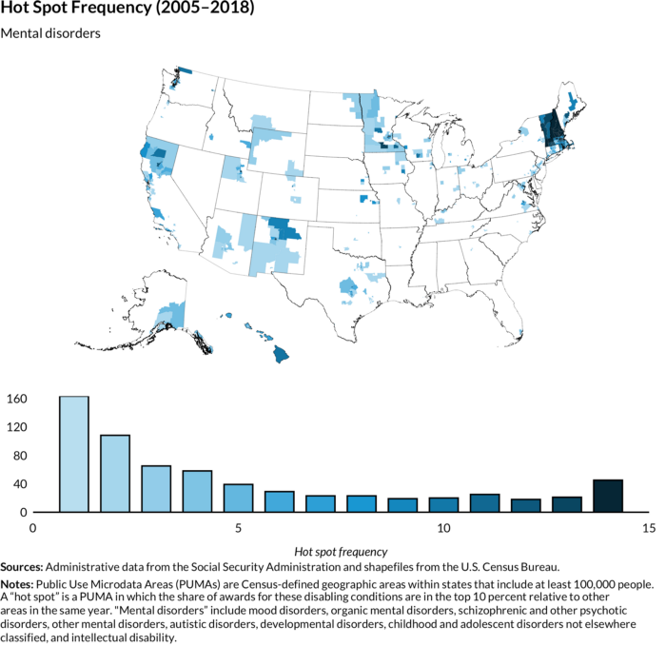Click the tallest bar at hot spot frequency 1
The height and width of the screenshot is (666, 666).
point(74,454)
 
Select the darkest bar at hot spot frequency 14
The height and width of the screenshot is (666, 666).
point(608,496)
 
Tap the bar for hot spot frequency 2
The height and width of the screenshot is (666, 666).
point(115,473)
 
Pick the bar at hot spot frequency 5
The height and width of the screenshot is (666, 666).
point(238,498)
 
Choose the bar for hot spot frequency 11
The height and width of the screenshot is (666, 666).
point(484,503)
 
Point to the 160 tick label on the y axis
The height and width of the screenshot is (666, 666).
point(17,399)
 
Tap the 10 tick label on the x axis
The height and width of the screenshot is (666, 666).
point(443,528)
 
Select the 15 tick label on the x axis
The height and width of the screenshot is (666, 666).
point(649,528)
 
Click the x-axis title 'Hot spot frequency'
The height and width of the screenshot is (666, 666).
point(341,552)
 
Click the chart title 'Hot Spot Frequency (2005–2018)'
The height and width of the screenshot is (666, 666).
point(127,8)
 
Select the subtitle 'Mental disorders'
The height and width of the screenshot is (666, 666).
point(50,33)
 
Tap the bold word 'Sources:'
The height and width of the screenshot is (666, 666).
point(22,567)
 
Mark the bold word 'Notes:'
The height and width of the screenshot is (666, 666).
point(17,584)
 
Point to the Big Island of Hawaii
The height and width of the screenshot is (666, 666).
point(281,354)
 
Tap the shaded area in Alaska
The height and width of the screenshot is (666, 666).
point(170,315)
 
